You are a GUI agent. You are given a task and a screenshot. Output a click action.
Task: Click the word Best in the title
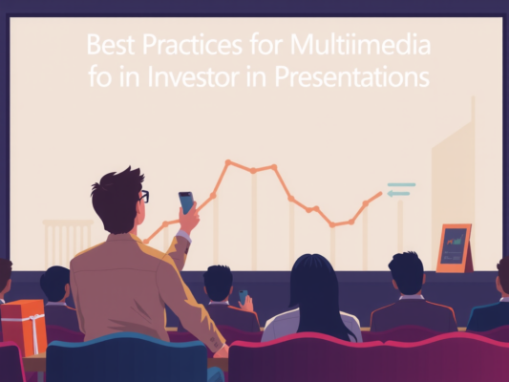click(x=108, y=45)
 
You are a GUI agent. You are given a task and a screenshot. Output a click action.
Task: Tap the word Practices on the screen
click(x=190, y=45)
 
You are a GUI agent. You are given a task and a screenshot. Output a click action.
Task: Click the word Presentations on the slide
click(x=350, y=75)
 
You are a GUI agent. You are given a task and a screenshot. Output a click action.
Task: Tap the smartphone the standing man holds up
click(x=186, y=202)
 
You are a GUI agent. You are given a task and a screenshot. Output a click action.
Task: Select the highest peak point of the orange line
click(x=228, y=162)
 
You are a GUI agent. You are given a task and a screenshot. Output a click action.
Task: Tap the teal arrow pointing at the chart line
click(x=398, y=194)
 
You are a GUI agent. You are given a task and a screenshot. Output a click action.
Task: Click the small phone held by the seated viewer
click(x=243, y=297)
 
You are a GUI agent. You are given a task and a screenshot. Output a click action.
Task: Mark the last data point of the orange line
click(x=379, y=194)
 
